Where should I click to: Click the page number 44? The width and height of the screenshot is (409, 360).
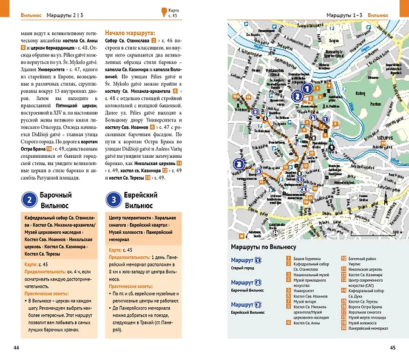click(x=24, y=347)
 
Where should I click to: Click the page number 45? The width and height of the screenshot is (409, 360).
click(x=393, y=347)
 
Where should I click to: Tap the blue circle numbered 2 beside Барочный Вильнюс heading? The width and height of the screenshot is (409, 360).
click(x=29, y=200)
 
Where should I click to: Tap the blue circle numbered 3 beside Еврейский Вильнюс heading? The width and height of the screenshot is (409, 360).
click(x=113, y=200)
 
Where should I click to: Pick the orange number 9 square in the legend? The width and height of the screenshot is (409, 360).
click(x=288, y=324)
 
